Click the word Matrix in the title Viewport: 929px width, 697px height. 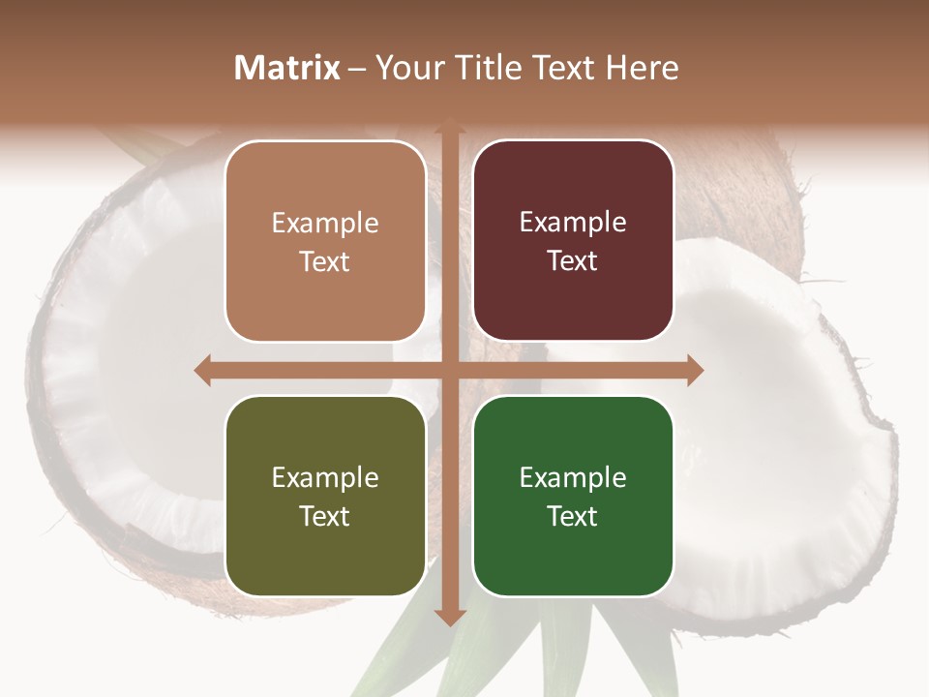coord(287,68)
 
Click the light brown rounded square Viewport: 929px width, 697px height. coord(325,241)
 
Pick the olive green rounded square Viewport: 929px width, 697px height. coord(325,496)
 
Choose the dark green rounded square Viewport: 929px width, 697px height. coord(573,496)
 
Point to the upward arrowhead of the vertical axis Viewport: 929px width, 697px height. coord(449,127)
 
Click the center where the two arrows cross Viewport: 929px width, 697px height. coord(449,370)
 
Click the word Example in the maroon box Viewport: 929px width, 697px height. coord(573,222)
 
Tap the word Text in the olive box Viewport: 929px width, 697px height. coord(324,516)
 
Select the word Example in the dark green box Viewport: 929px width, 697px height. coord(573,477)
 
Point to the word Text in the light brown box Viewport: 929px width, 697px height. coord(324,261)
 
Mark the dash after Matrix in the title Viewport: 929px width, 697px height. coord(357,69)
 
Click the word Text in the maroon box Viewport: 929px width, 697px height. coord(572,260)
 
